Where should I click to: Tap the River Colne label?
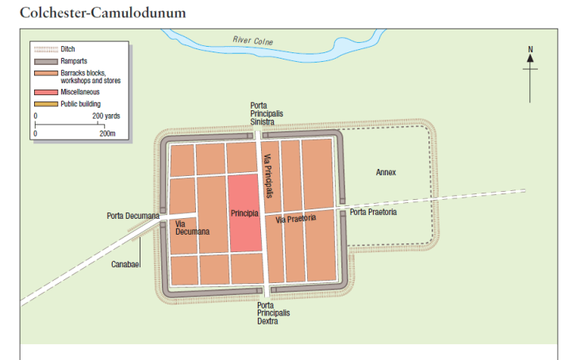[252, 40]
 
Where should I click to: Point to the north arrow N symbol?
[530, 50]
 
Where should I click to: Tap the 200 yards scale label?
[106, 116]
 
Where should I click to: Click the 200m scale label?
[107, 133]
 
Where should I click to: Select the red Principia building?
[244, 214]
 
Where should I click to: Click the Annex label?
[386, 172]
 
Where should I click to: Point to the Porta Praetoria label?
[373, 212]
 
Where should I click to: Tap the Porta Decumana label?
[133, 215]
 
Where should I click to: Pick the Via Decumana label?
[192, 228]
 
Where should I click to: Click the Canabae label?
[125, 263]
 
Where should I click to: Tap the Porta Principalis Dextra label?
[274, 312]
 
